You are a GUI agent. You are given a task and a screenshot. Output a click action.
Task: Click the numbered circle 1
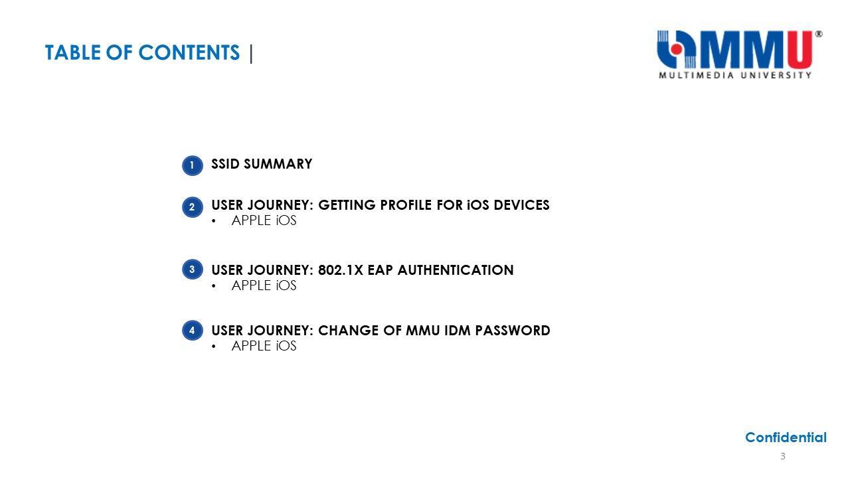(x=193, y=165)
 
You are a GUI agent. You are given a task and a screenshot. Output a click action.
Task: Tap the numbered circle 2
(x=193, y=207)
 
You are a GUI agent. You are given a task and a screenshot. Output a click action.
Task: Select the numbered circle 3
(x=193, y=270)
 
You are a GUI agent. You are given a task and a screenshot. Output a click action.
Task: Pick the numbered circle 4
(x=193, y=330)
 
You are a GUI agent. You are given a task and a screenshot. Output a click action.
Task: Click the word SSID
(x=225, y=164)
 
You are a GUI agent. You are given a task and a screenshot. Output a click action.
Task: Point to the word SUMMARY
(x=278, y=164)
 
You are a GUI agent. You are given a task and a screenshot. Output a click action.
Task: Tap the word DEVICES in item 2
(x=521, y=205)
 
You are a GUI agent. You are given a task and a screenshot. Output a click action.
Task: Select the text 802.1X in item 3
(x=341, y=270)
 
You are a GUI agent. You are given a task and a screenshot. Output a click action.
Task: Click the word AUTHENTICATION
(x=456, y=270)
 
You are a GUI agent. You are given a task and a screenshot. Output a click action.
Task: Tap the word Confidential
(x=786, y=438)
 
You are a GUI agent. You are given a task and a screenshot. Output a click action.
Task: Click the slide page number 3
(x=782, y=456)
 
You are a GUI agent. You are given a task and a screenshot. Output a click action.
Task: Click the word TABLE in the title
(x=73, y=52)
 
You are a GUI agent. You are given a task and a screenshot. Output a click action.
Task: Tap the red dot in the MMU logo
(x=677, y=49)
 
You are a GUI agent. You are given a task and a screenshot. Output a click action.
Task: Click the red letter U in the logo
(x=799, y=50)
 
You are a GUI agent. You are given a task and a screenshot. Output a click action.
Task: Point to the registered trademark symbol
(x=819, y=34)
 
